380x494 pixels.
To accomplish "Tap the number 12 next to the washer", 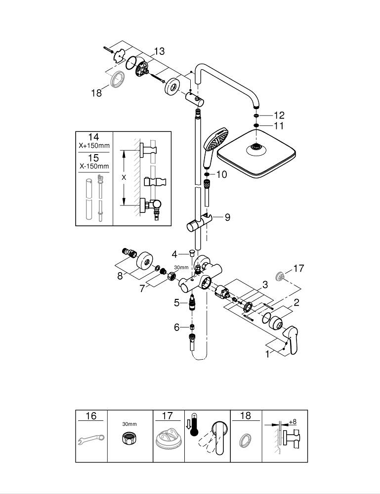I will (x=279, y=115).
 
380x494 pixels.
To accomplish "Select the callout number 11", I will (x=279, y=126).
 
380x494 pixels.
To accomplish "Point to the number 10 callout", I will (x=221, y=175).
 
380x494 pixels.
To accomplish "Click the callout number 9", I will (x=227, y=217).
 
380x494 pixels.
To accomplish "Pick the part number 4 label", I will (x=174, y=254).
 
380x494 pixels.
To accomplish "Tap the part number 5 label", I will (x=177, y=303).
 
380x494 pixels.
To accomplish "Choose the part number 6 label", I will (x=177, y=327).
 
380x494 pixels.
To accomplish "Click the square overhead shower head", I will (x=257, y=156).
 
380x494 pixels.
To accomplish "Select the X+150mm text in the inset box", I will (x=93, y=146).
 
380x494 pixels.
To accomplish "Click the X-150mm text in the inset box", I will (x=93, y=166).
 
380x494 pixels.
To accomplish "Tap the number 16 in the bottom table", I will (x=91, y=416).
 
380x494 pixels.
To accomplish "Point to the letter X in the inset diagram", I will (x=124, y=177).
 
